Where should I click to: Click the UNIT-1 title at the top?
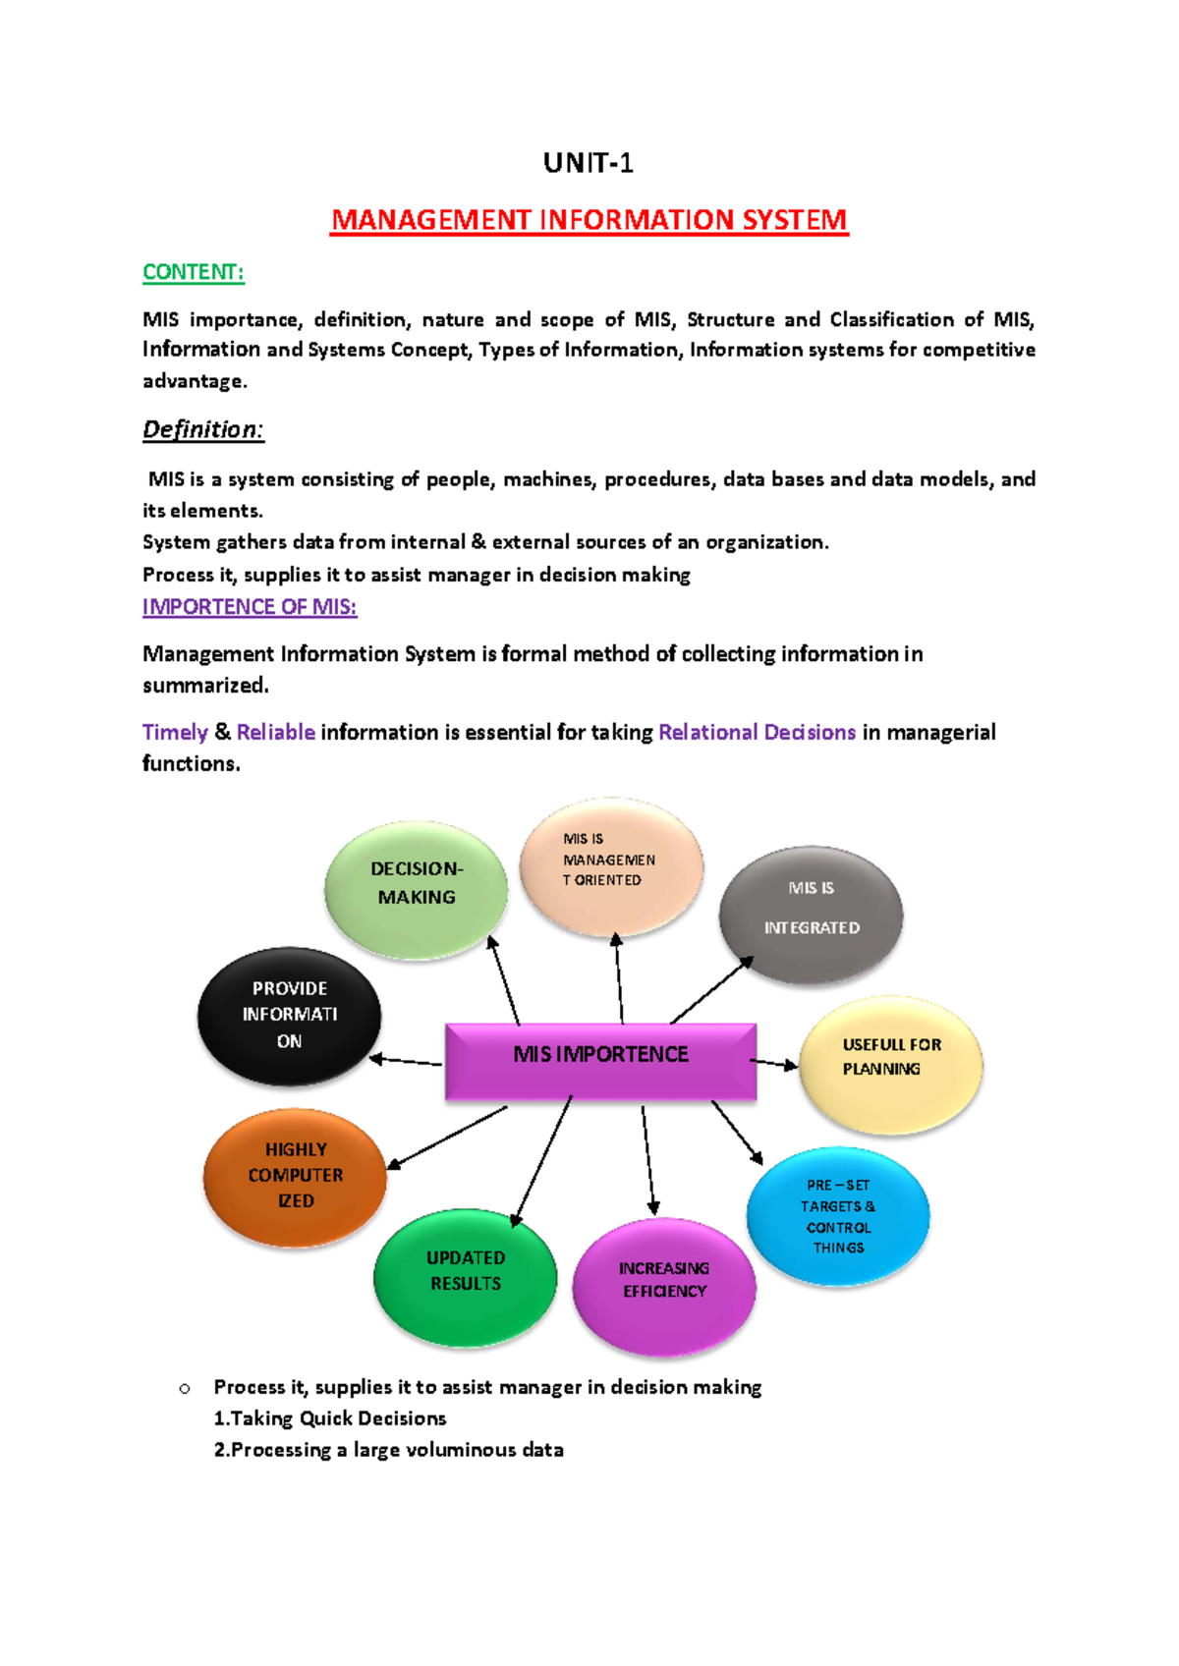589,163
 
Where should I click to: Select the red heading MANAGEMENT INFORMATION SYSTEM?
589,220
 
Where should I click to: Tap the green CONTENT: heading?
194,272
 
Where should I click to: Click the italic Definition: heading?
203,429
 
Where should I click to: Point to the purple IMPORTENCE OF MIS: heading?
250,607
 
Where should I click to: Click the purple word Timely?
175,732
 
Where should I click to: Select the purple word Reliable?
276,732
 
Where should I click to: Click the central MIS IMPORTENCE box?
600,1061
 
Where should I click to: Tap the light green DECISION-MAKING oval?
417,889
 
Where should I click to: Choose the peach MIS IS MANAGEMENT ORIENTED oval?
611,865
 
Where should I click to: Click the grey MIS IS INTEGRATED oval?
811,914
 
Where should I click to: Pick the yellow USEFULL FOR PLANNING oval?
890,1065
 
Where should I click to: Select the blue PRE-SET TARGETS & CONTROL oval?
838,1216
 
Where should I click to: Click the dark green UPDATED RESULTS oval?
466,1275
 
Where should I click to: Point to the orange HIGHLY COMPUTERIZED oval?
295,1177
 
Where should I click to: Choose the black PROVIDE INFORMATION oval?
289,1016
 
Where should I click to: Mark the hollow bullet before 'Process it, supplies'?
184,1389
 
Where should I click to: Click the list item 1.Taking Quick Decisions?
330,1418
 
